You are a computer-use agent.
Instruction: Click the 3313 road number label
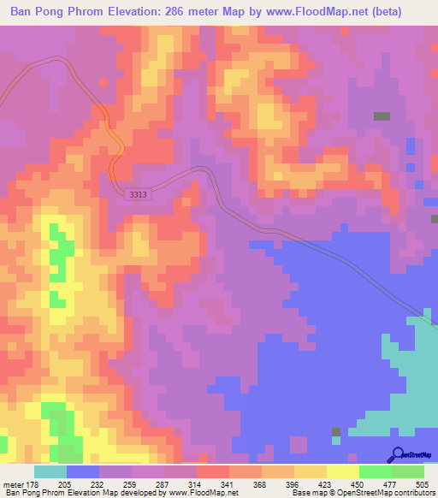pyautogui.click(x=136, y=195)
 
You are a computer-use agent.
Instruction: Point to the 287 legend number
pyautogui.click(x=154, y=483)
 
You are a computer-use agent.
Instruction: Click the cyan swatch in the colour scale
pyautogui.click(x=50, y=471)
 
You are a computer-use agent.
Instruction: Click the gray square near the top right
pyautogui.click(x=382, y=116)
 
